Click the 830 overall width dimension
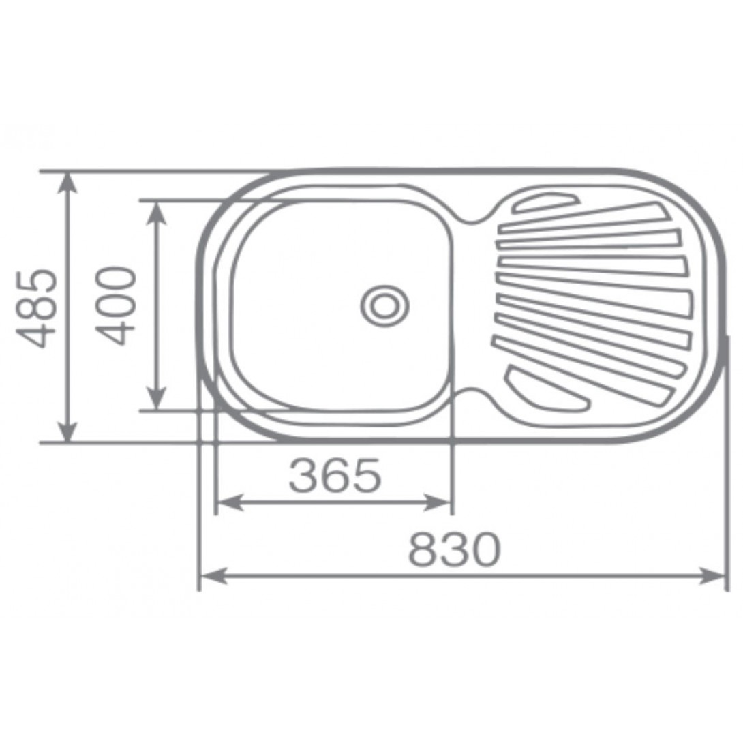[x=454, y=549]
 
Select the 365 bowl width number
[x=335, y=475]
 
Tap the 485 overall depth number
[x=37, y=309]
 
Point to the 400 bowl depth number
[x=116, y=305]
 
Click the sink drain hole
[x=384, y=305]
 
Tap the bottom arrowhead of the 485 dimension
[x=68, y=431]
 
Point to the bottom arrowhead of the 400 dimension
[x=157, y=399]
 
